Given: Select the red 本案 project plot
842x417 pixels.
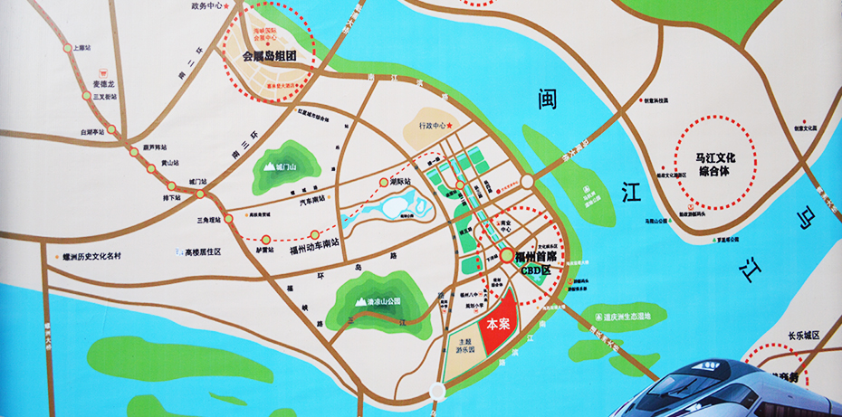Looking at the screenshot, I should [498, 323].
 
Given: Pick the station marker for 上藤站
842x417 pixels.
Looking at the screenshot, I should [67, 48].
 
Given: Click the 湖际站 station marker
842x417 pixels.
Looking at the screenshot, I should [383, 182].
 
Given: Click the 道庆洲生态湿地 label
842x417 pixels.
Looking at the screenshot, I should [635, 316].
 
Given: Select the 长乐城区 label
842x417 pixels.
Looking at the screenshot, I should [802, 336].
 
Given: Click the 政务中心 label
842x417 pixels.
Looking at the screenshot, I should [207, 5].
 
